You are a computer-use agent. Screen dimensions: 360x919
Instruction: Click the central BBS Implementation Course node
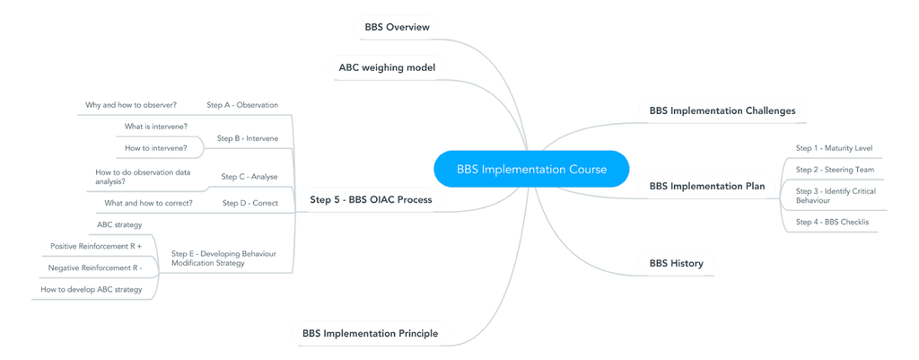(531, 169)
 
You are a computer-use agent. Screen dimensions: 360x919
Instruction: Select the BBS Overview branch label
(397, 27)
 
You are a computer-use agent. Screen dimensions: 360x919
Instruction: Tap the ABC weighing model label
(387, 67)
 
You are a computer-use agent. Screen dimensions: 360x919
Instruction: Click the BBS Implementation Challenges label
(722, 111)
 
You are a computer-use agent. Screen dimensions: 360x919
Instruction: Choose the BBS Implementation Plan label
(706, 187)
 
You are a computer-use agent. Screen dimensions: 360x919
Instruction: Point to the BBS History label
(676, 264)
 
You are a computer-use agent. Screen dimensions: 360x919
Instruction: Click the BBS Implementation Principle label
(370, 334)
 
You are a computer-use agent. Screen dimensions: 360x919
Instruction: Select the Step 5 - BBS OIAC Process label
(371, 200)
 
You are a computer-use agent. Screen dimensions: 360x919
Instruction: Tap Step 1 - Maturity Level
(834, 148)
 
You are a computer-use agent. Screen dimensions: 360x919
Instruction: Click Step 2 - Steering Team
(835, 170)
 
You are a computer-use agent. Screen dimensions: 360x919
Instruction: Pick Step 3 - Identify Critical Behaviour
(836, 196)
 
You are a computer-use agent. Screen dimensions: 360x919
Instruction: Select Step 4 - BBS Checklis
(832, 222)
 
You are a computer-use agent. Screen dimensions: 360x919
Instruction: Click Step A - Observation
(242, 105)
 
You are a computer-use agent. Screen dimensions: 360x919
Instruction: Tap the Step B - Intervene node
(248, 139)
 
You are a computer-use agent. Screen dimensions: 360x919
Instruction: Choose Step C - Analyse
(249, 177)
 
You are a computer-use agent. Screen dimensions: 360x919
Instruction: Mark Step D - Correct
(250, 203)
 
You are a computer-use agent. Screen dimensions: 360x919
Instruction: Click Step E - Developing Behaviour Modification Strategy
(223, 259)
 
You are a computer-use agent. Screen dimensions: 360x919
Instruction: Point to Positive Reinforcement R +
(96, 246)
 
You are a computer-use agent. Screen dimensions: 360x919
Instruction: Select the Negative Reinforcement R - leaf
(95, 268)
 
